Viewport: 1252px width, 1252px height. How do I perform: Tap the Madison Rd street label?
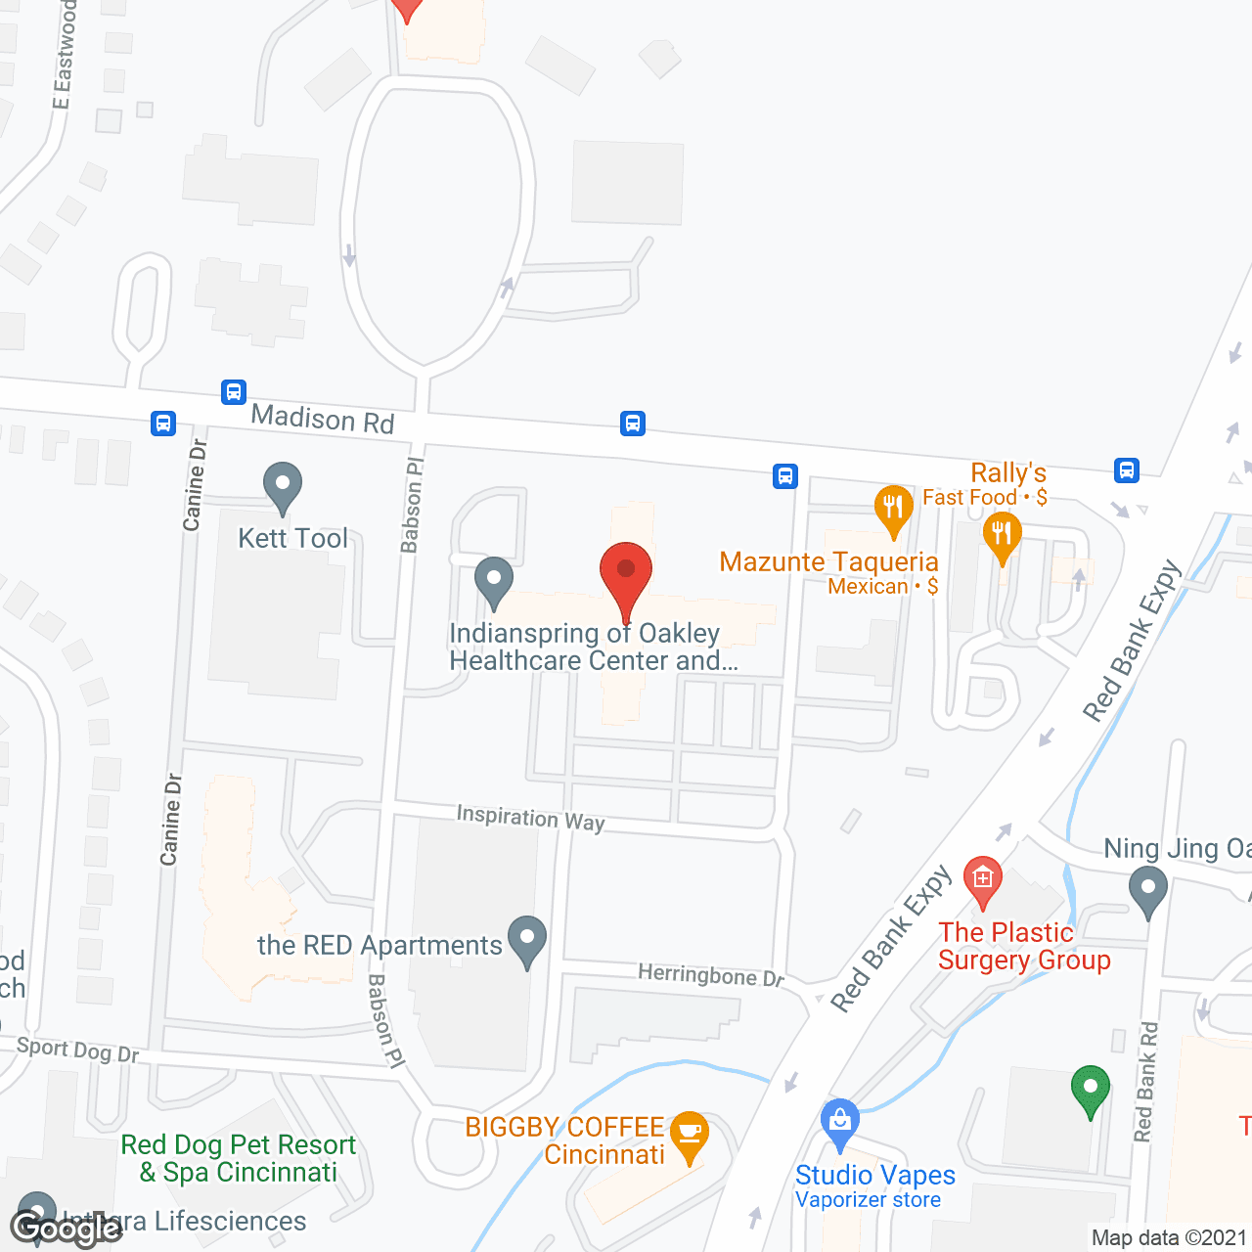pyautogui.click(x=323, y=419)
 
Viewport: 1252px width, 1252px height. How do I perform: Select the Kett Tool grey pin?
pyautogui.click(x=283, y=485)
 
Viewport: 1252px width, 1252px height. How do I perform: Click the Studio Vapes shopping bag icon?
pyautogui.click(x=840, y=1121)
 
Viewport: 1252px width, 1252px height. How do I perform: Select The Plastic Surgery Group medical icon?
pyautogui.click(x=983, y=879)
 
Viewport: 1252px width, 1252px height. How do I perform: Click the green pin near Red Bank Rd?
pyautogui.click(x=1091, y=1089)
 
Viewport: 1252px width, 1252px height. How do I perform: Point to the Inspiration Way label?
pyautogui.click(x=531, y=818)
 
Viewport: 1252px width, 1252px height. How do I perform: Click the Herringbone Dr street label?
pyautogui.click(x=711, y=975)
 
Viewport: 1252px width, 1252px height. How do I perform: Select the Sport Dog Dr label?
pyautogui.click(x=78, y=1050)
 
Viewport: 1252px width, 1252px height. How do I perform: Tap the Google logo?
pyautogui.click(x=67, y=1228)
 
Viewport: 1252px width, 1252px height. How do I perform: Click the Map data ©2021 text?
pyautogui.click(x=1169, y=1237)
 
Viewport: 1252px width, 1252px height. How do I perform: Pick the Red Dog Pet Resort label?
pyautogui.click(x=239, y=1158)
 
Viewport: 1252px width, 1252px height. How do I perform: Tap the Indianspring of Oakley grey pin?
pyautogui.click(x=494, y=580)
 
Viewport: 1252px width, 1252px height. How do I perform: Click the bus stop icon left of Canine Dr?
pyautogui.click(x=163, y=424)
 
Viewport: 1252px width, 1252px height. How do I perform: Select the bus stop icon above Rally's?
pyautogui.click(x=1127, y=470)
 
